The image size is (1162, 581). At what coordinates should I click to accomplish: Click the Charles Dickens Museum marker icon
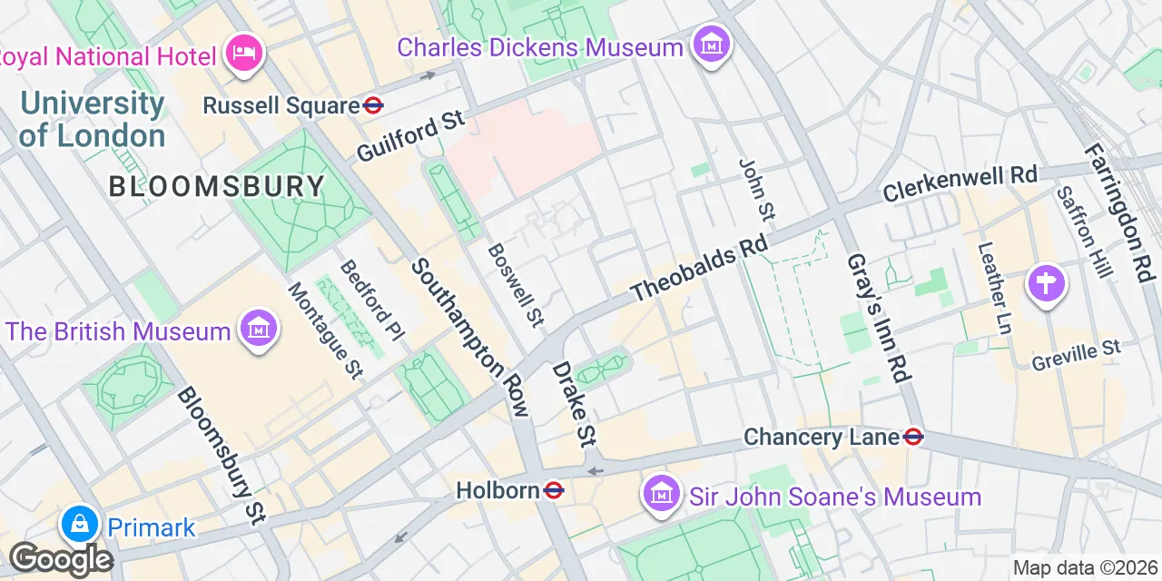[712, 44]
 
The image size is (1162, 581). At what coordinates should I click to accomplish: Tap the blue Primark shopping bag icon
[80, 525]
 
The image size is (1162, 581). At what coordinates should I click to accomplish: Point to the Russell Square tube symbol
[373, 105]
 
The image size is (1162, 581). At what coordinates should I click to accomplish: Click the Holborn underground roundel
[554, 491]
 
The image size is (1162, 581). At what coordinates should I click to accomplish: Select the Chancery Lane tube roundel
[913, 438]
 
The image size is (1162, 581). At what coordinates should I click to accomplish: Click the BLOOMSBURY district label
[217, 187]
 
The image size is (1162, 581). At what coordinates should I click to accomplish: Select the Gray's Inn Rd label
[879, 315]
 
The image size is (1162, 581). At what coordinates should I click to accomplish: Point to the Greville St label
[1076, 356]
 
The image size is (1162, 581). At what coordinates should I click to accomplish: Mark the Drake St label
[574, 404]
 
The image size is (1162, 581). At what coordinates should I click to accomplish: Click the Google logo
[60, 559]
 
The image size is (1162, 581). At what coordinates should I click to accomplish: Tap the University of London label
[93, 119]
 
